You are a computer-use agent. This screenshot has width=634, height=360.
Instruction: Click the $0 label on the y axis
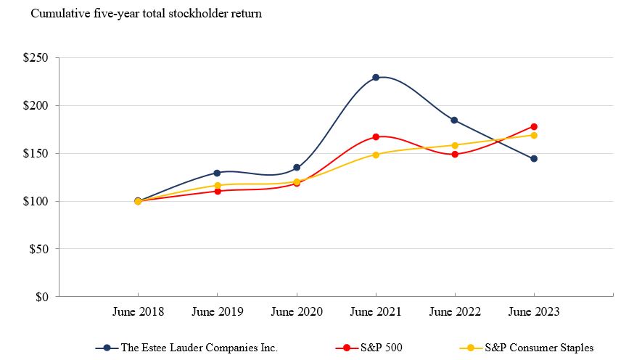pos(43,297)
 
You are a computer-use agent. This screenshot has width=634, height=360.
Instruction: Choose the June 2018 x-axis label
pos(138,312)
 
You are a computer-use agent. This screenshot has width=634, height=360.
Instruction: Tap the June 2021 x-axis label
pos(376,312)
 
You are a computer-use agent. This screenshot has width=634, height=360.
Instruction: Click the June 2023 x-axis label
pos(534,312)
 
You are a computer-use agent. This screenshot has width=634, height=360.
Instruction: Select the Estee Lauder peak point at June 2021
pos(376,77)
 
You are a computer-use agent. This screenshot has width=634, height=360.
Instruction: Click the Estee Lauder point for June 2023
pos(534,158)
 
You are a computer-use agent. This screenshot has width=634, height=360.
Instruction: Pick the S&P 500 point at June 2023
pos(534,126)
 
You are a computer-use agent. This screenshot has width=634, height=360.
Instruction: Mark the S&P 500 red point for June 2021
pos(376,136)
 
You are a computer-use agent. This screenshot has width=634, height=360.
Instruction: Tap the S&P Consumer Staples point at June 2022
pos(455,145)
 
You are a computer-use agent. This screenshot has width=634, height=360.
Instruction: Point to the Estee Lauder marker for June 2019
pos(217,173)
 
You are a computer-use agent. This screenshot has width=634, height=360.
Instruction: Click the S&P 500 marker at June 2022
pos(455,154)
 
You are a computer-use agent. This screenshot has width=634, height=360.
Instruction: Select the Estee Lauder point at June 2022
pos(455,120)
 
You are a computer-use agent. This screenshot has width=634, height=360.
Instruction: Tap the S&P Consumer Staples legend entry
pos(527,348)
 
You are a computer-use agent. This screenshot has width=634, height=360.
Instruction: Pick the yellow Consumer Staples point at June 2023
pos(534,135)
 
